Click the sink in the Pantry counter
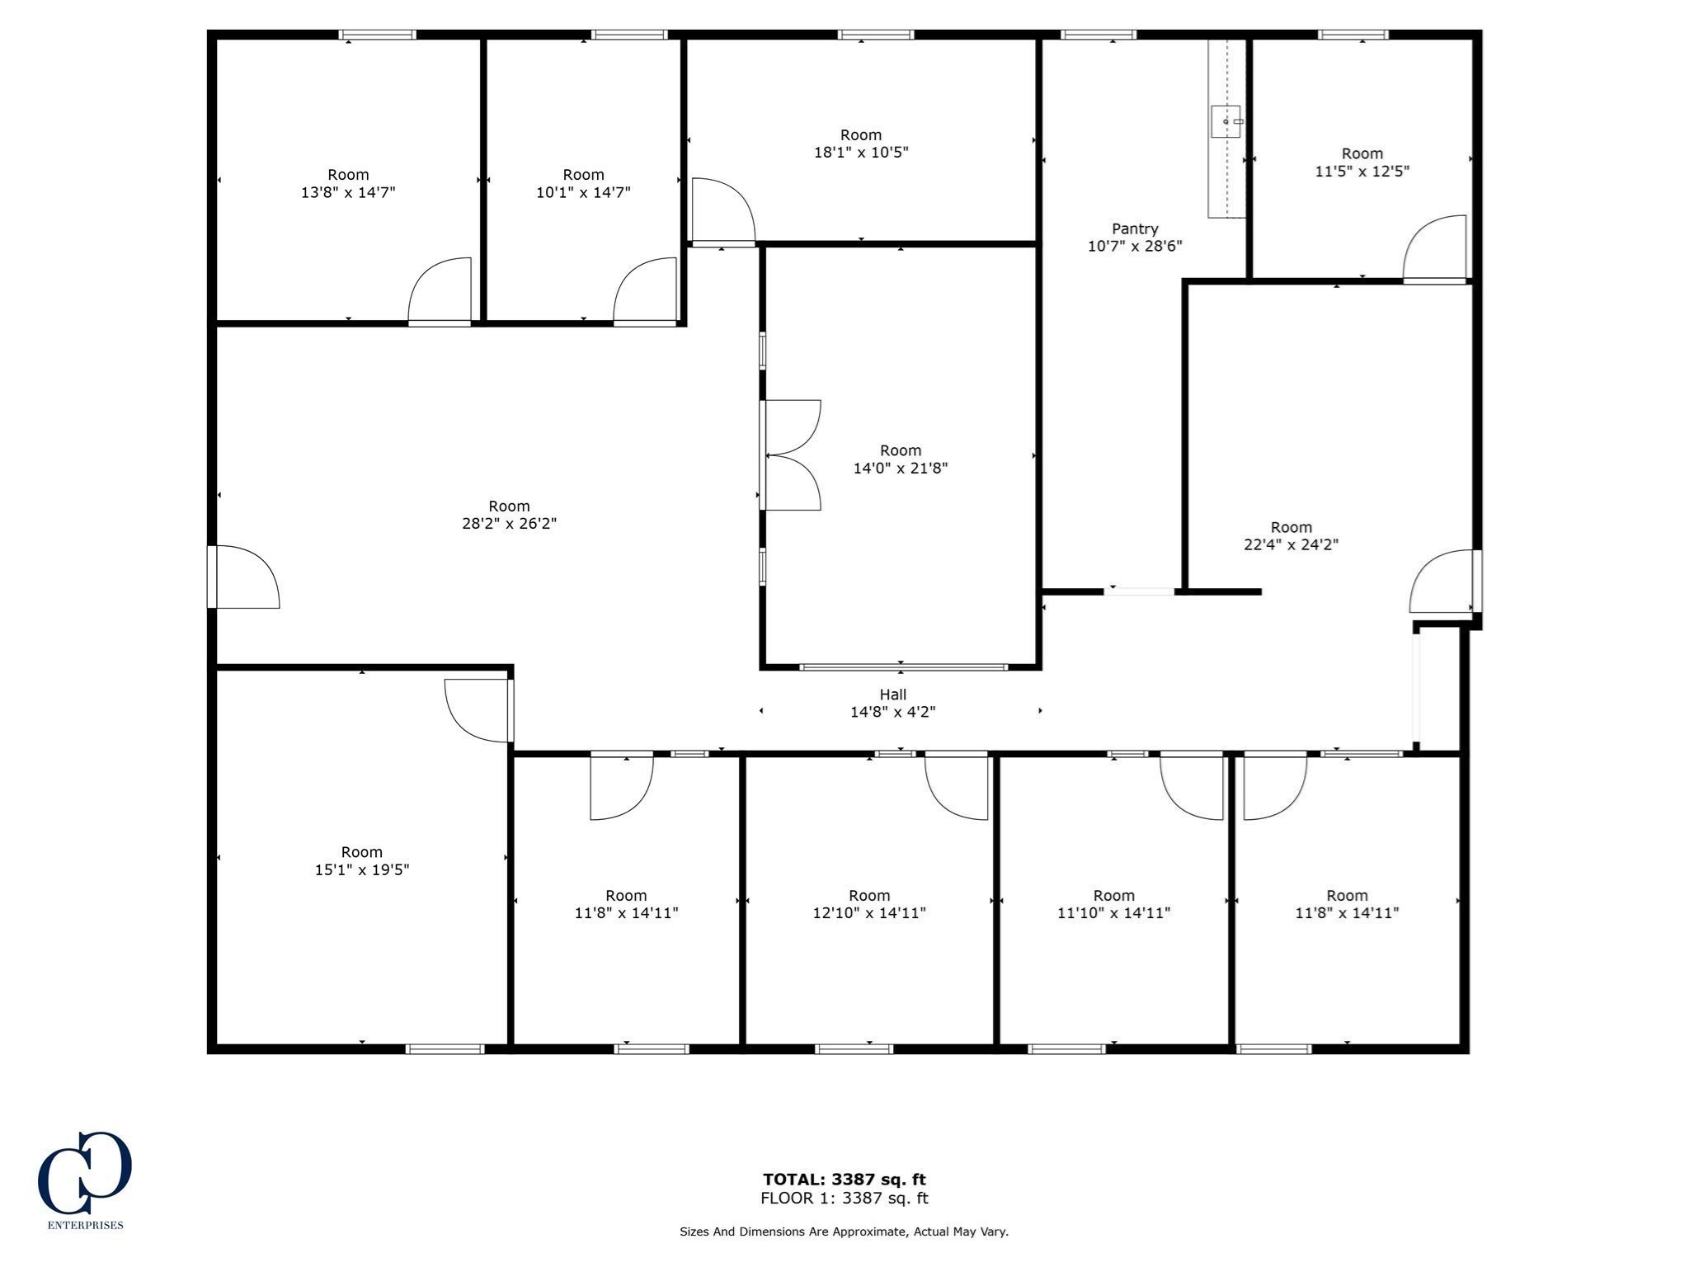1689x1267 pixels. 1226,121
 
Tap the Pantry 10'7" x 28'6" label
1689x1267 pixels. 1135,237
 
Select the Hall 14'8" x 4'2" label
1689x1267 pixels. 892,703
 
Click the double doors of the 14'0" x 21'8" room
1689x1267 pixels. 791,455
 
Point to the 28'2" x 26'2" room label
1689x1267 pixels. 509,515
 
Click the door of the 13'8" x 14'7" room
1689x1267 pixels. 440,290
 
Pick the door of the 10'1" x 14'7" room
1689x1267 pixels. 645,290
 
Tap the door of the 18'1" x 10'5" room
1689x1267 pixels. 722,212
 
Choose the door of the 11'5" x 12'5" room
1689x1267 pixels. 1435,249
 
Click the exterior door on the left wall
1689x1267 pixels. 243,577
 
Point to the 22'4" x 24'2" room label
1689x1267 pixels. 1291,535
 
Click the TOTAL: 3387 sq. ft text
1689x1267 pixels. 844,1179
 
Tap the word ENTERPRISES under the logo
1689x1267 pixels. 86,1225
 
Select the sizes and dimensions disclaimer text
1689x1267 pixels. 844,1232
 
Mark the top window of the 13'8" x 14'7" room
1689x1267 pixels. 378,35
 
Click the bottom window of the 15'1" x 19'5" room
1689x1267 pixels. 445,1048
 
